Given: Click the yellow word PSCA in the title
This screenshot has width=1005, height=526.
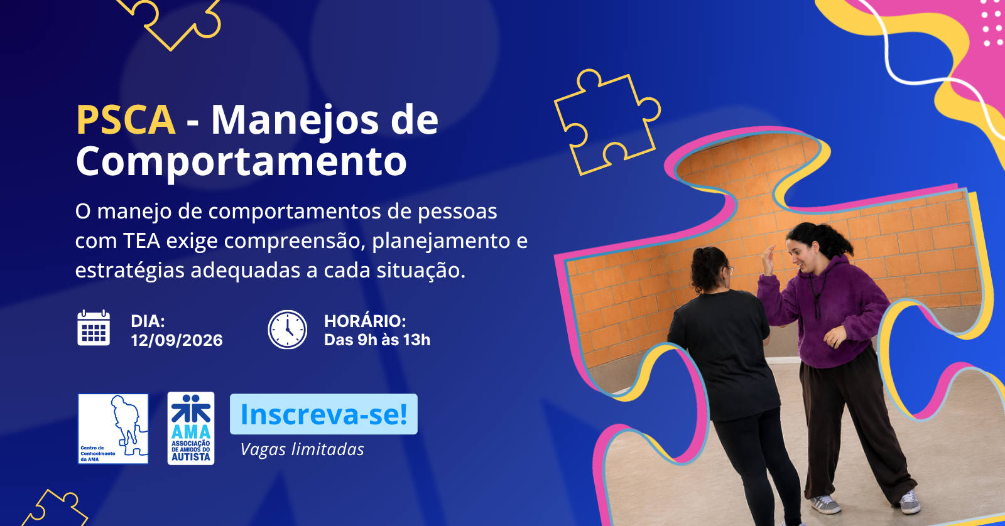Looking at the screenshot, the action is click(126, 120).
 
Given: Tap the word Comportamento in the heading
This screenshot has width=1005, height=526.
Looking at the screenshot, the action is click(241, 163).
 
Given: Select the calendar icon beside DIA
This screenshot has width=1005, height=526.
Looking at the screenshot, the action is click(94, 328).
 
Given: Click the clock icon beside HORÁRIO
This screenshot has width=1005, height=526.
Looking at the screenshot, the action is click(288, 330).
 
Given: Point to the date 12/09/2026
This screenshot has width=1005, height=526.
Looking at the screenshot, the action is click(177, 340).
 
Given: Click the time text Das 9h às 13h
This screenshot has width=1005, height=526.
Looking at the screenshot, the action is click(378, 340).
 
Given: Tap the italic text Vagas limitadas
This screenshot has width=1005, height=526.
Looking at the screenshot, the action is click(302, 449).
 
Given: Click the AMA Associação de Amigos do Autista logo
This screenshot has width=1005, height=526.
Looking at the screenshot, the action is click(191, 428).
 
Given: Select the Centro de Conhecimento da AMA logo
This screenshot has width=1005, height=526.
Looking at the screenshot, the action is click(113, 429).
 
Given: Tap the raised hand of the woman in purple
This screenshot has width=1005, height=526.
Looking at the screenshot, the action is click(769, 259).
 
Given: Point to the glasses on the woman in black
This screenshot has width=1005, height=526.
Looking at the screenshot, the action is click(729, 270).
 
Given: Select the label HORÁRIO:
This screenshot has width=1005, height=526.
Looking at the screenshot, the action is click(365, 321).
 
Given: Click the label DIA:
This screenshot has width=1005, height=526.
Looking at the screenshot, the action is click(148, 321).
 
